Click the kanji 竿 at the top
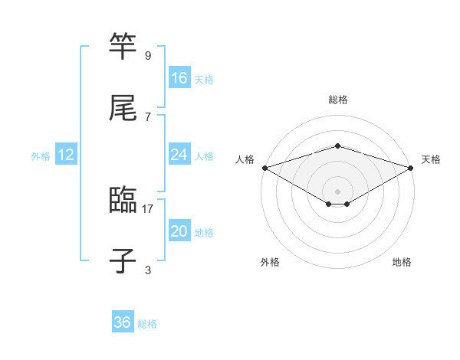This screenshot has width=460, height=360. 123,46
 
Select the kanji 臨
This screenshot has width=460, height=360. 123,201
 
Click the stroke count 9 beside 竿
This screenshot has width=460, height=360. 148,55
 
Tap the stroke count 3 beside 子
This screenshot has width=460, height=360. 148,270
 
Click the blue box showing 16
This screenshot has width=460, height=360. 179,78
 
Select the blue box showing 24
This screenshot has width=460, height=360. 179,155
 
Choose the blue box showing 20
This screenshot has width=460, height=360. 179,231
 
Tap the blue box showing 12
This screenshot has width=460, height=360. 66,155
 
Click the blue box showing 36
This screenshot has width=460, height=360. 123,322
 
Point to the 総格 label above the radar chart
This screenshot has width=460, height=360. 338,100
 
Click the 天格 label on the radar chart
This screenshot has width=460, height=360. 431,159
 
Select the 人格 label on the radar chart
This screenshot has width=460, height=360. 245,159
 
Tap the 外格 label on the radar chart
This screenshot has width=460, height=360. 270,263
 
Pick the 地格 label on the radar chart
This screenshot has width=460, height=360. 402,263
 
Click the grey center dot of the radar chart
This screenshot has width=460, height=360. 338,191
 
